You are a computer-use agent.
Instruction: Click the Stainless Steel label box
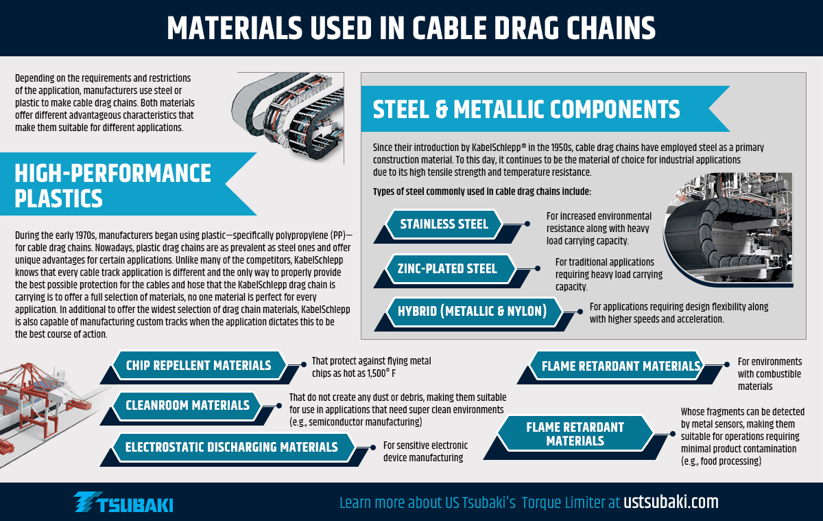point(444,224)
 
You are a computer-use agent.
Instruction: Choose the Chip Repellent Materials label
point(199,365)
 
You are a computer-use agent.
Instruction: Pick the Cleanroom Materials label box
point(187,406)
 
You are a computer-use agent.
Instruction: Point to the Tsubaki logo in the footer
point(123,502)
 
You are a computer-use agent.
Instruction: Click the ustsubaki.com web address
point(671,502)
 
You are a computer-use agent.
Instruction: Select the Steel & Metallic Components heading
point(526,109)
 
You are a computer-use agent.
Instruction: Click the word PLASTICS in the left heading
point(58,198)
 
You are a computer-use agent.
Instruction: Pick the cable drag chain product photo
point(288,117)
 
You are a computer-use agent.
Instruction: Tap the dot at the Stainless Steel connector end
point(527,224)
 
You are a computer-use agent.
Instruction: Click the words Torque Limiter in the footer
point(571,502)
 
